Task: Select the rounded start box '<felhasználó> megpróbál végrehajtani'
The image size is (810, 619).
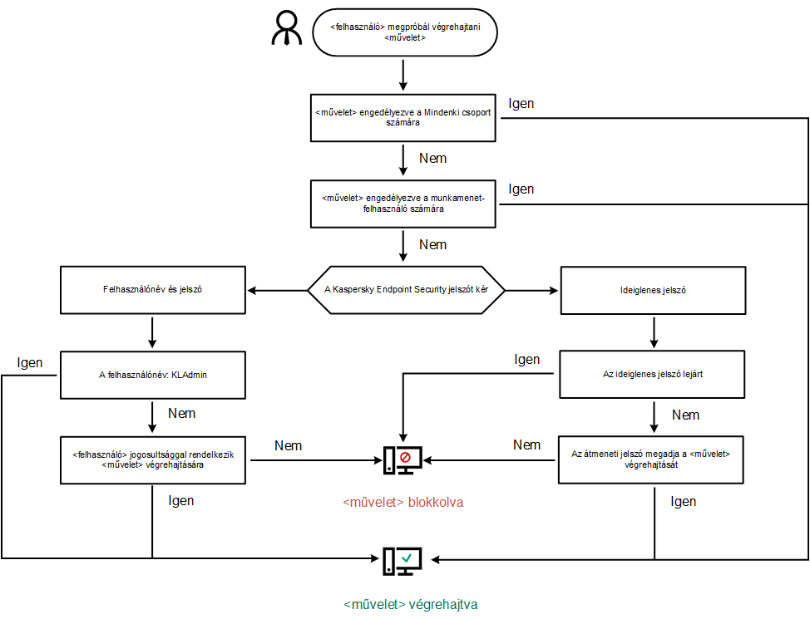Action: tap(403, 32)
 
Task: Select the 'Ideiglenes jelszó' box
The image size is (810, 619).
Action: tap(654, 290)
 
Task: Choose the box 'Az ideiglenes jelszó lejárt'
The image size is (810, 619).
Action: tap(654, 375)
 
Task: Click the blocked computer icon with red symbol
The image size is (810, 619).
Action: tap(403, 459)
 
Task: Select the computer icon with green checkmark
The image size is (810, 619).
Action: tap(403, 561)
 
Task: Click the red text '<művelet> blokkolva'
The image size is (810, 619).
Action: tap(403, 503)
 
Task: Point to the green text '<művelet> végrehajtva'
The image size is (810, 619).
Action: tap(411, 605)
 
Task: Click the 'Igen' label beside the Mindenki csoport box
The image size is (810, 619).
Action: tap(521, 104)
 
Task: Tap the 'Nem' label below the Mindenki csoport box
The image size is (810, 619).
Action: tap(433, 159)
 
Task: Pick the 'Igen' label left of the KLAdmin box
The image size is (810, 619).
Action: tap(30, 363)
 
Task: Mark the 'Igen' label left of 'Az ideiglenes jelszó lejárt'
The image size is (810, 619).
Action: tap(526, 360)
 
